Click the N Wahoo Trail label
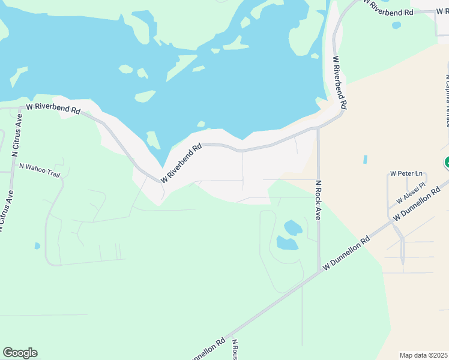click(40, 167)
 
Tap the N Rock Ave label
click(318, 200)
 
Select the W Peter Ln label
click(406, 173)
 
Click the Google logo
click(20, 352)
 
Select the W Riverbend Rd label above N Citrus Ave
click(53, 109)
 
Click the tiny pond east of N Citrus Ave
click(37, 245)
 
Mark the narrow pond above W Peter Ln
click(365, 160)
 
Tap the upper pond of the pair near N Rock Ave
click(293, 227)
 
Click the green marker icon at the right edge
click(447, 163)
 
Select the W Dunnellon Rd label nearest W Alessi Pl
click(418, 205)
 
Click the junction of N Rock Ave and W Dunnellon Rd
click(318, 272)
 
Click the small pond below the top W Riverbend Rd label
click(396, 25)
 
